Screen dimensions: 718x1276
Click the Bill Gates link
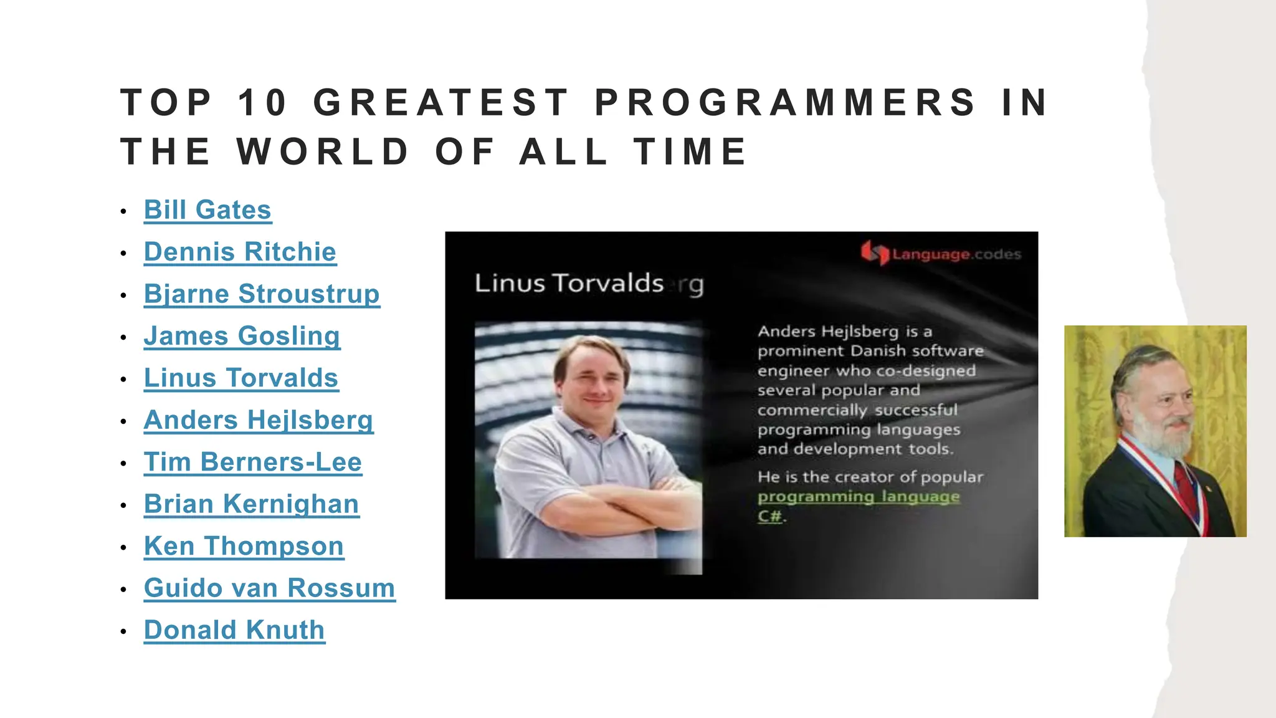207,210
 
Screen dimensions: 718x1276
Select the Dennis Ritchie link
240,252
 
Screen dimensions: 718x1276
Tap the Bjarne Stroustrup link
262,294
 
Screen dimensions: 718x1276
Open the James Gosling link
242,336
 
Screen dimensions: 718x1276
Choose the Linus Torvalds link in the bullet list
241,378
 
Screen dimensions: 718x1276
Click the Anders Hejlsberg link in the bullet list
259,420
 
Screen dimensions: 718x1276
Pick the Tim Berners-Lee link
252,462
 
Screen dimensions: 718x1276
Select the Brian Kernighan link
251,504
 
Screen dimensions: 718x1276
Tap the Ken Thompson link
244,546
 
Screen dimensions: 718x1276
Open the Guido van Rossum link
269,588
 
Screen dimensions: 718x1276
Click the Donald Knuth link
234,630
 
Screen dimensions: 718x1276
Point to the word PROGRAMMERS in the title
785,103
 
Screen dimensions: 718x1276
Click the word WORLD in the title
323,151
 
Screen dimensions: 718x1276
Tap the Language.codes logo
941,254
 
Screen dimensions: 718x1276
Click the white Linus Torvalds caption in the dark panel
569,284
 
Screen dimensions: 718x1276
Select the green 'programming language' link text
859,497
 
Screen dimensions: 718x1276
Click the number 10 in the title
262,103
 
